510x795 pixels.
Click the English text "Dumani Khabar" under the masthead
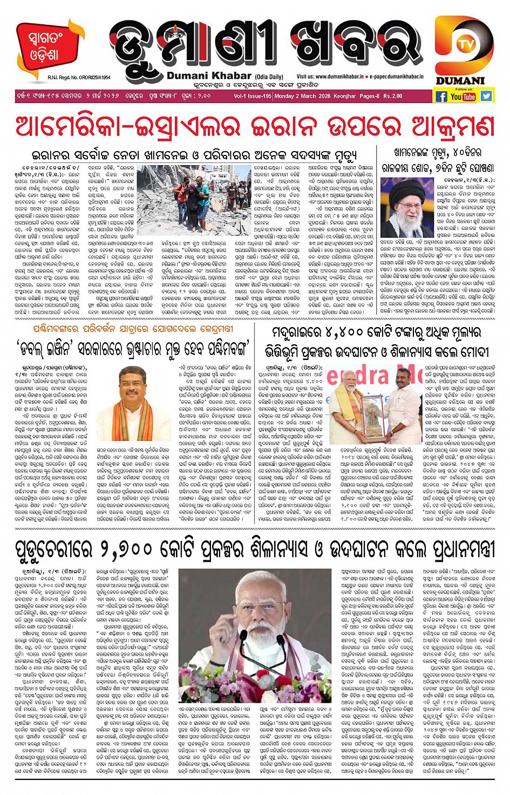(209, 76)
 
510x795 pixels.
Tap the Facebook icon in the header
(441, 96)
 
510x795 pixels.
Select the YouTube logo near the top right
(463, 97)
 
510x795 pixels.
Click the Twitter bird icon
(486, 96)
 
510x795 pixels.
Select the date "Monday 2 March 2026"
(303, 96)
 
